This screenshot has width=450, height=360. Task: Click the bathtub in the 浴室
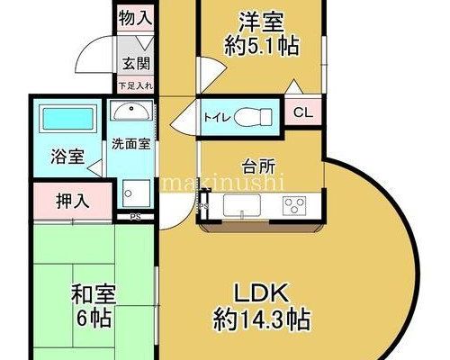[x=67, y=119]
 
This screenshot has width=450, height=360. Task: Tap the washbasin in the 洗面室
[x=130, y=111]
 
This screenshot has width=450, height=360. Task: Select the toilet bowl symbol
[x=252, y=117]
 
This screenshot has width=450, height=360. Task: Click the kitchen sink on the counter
[x=242, y=205]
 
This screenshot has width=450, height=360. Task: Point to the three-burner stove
[x=293, y=205]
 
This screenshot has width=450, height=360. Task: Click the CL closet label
[x=303, y=112]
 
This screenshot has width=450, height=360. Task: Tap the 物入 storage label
[x=135, y=18]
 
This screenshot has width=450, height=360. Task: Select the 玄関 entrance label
[x=136, y=64]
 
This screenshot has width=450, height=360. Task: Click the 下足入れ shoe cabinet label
[x=136, y=86]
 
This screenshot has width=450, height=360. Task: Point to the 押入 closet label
[x=73, y=201]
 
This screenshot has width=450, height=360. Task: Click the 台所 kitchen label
[x=258, y=167]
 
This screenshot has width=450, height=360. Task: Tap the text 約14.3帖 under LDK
[x=261, y=319]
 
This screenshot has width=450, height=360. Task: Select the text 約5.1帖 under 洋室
[x=262, y=46]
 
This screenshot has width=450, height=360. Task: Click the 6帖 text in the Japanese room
[x=94, y=318]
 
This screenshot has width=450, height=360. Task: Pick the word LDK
[x=261, y=292]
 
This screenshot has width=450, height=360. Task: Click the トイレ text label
[x=217, y=118]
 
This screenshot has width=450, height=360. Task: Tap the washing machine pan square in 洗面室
[x=136, y=193]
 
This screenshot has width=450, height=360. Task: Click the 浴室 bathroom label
[x=67, y=157]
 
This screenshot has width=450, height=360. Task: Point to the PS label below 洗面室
[x=135, y=217]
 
